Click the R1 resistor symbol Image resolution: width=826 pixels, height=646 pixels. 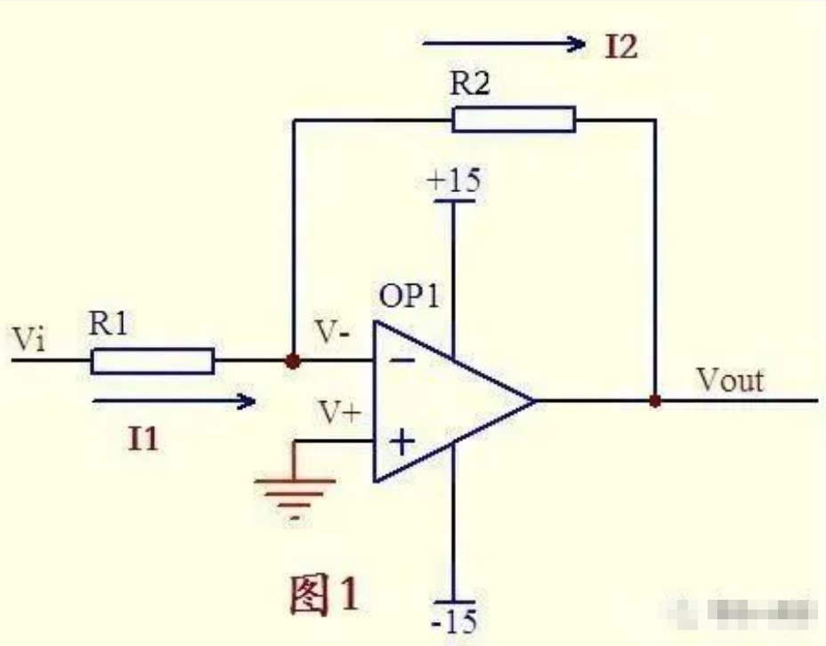click(x=152, y=361)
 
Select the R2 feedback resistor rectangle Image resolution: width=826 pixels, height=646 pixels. click(x=514, y=119)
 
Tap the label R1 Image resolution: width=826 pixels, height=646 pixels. click(x=110, y=325)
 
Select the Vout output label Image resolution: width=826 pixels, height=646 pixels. click(x=730, y=380)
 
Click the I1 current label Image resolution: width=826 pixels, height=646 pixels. click(x=144, y=439)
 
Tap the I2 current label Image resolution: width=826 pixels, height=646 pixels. click(x=620, y=46)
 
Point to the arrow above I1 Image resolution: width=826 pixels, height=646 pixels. click(x=174, y=402)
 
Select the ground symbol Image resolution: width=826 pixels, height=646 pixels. click(x=295, y=489)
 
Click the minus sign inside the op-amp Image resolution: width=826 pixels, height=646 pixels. click(x=403, y=361)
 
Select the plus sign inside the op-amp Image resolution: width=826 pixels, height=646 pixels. click(x=402, y=441)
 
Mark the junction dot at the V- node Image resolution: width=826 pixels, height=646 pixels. click(x=292, y=362)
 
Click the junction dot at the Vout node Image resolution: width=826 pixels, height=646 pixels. click(x=655, y=401)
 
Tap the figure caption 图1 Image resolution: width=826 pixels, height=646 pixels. click(x=324, y=594)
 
